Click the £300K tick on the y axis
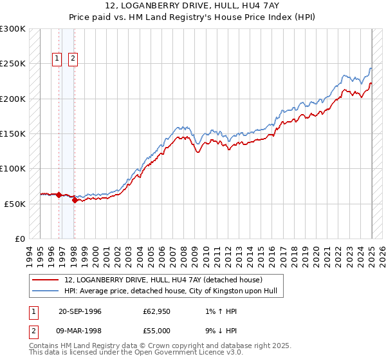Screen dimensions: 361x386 click(x=13, y=29)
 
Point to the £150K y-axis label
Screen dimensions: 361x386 click(x=13, y=134)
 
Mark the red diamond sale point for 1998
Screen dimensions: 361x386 click(x=75, y=200)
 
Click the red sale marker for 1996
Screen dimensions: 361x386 click(x=59, y=195)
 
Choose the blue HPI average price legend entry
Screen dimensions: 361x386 click(x=170, y=291)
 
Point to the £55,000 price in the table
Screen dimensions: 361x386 click(x=157, y=331)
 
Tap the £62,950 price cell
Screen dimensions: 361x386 click(x=157, y=311)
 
